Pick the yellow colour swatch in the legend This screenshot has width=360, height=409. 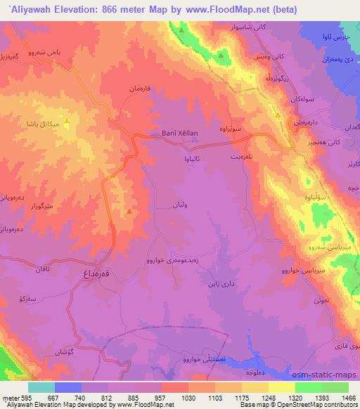coord(281,387)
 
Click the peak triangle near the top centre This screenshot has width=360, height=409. coord(181,31)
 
